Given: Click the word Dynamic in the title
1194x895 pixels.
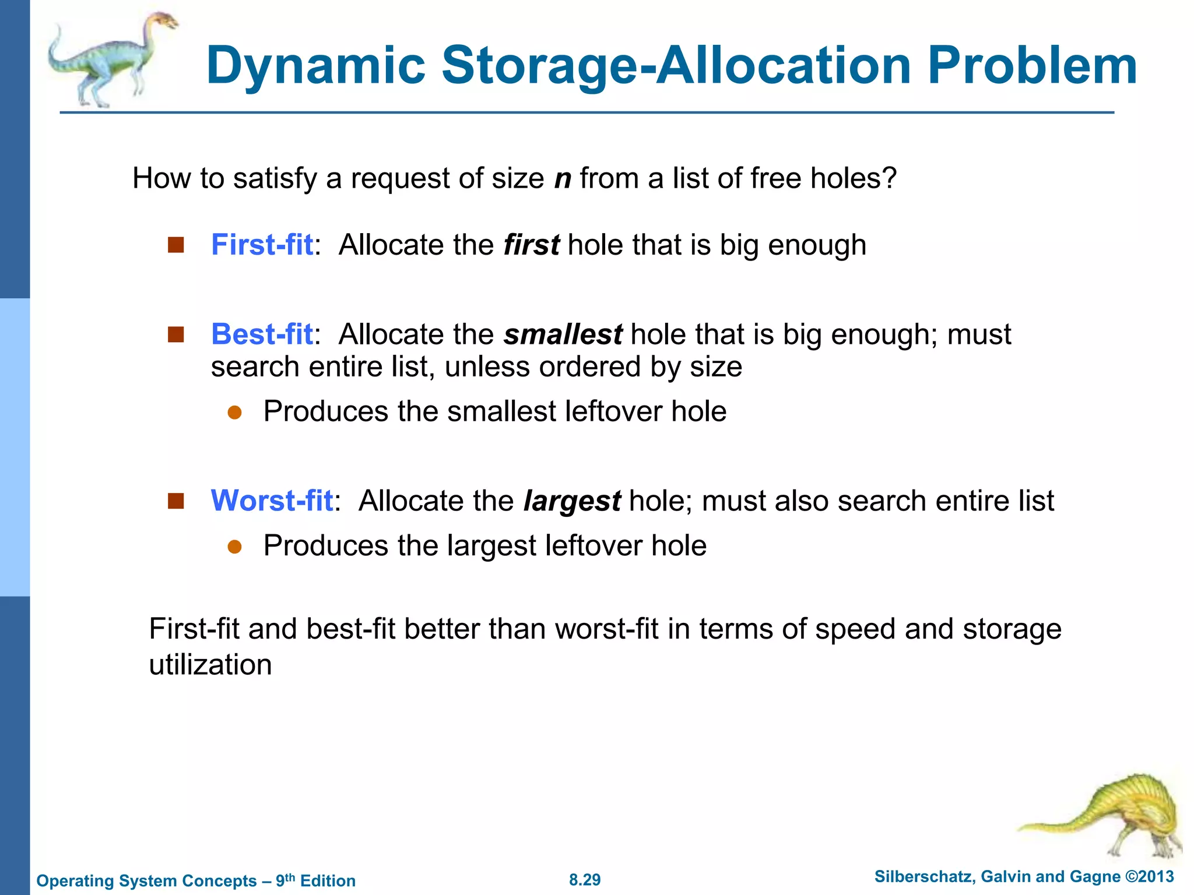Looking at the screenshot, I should [x=315, y=65].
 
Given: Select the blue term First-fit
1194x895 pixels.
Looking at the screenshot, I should [x=262, y=245].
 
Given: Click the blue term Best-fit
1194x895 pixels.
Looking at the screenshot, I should [x=262, y=334].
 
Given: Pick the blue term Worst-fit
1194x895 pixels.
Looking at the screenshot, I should [x=272, y=501].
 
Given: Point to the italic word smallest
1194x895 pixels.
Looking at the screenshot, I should [x=563, y=335].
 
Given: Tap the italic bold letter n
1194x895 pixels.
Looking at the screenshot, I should [x=563, y=179].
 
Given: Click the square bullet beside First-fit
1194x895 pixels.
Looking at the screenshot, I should [x=175, y=245].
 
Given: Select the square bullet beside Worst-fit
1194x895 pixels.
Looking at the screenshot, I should [x=175, y=501].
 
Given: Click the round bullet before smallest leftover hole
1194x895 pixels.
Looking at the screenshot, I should [x=234, y=413].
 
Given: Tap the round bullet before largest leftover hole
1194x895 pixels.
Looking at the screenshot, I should [x=234, y=547].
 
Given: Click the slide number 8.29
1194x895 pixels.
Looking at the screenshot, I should [x=585, y=880].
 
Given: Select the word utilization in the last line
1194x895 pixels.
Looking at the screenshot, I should [x=210, y=665].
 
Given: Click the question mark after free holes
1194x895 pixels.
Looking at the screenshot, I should [x=889, y=178].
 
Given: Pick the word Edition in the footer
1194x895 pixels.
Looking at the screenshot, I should [x=328, y=881].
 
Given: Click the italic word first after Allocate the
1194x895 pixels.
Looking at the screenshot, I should [x=531, y=245].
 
